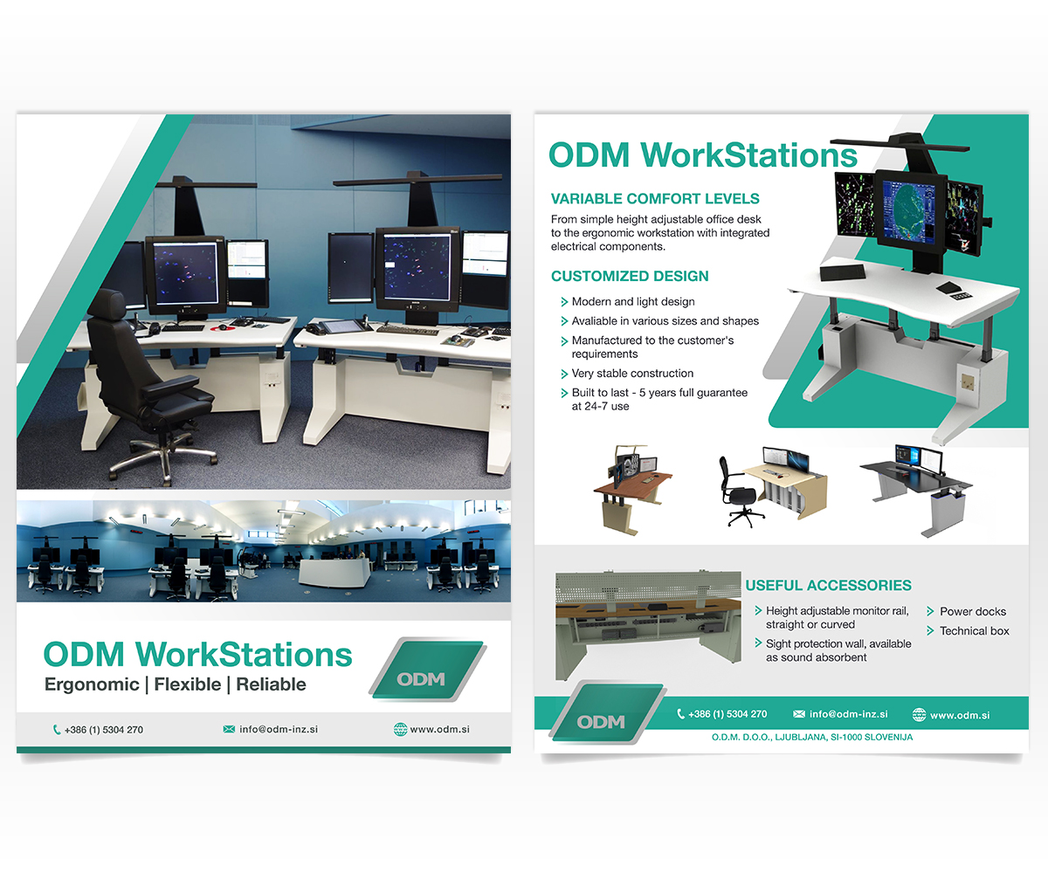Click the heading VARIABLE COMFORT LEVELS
coord(654,199)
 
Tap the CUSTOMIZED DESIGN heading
coord(630,276)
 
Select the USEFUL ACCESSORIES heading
coord(828,585)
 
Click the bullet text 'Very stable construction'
coord(632,374)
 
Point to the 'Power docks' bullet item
coord(973,611)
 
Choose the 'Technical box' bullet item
coord(975,630)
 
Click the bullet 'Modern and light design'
coord(633,301)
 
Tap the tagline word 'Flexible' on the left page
coord(187,684)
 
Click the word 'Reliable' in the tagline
coord(271,684)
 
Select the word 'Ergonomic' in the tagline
coord(92,684)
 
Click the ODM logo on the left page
coord(428,670)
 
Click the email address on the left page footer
coord(279,729)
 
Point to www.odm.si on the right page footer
coord(960,715)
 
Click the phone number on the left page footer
coord(104,730)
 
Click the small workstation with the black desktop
coord(916,490)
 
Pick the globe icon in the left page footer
coord(400,729)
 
